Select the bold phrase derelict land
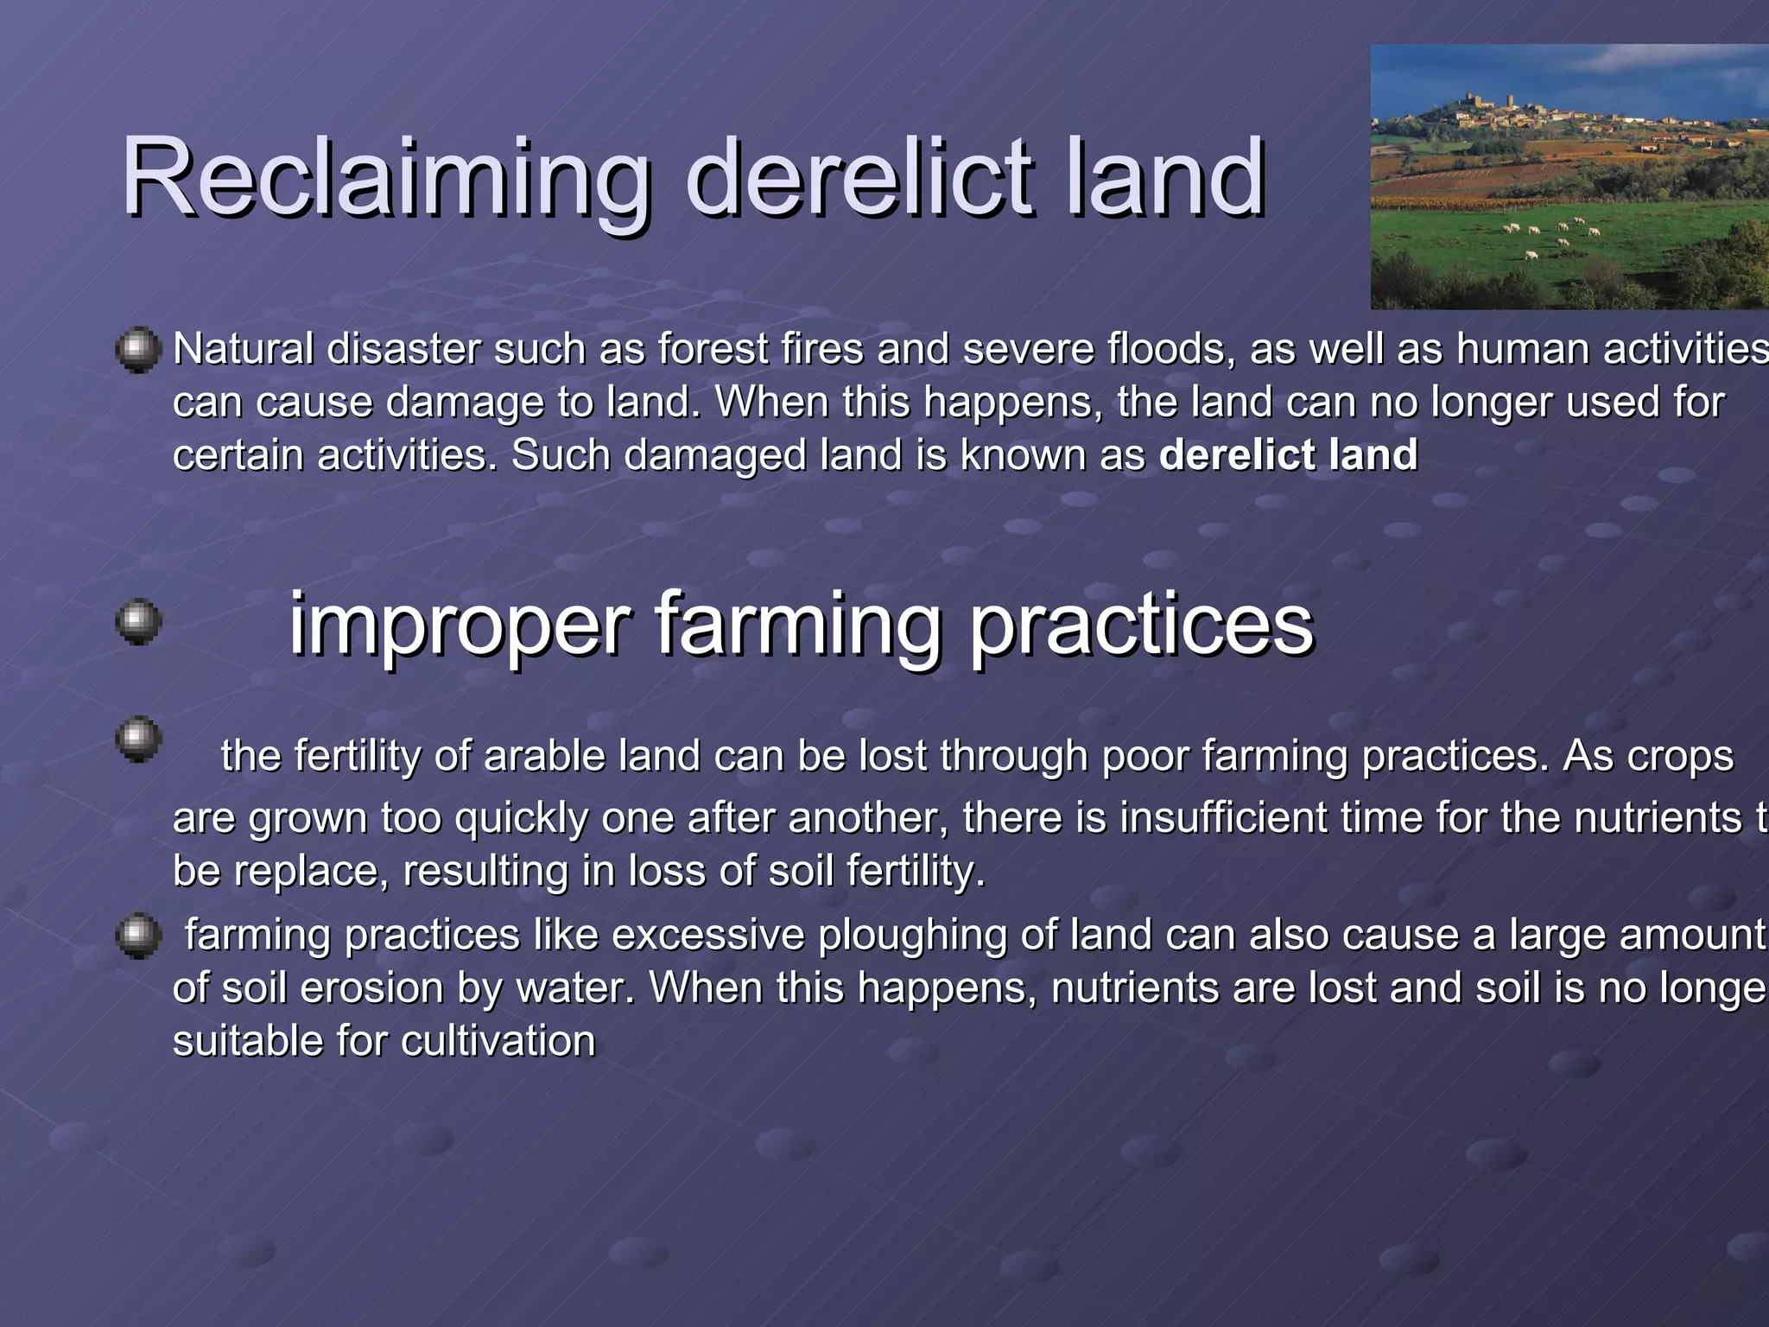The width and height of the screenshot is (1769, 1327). point(1288,455)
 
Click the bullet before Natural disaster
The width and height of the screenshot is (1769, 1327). point(138,350)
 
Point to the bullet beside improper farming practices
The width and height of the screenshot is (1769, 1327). point(138,622)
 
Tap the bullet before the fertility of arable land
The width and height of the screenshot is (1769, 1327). point(138,740)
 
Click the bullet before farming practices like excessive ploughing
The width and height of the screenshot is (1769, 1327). point(138,937)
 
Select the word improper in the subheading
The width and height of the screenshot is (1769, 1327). point(460,624)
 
